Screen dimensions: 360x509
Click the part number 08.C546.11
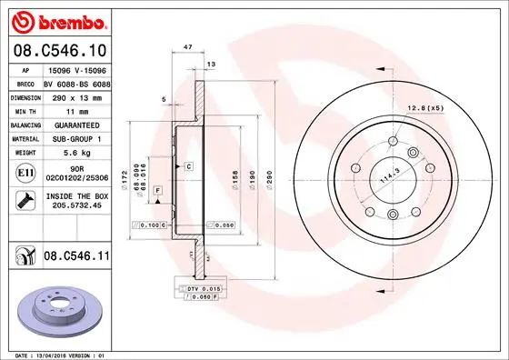[75, 257]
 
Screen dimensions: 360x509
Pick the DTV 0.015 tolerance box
[205, 288]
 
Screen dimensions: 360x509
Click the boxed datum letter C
[188, 166]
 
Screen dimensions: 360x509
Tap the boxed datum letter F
[157, 189]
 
